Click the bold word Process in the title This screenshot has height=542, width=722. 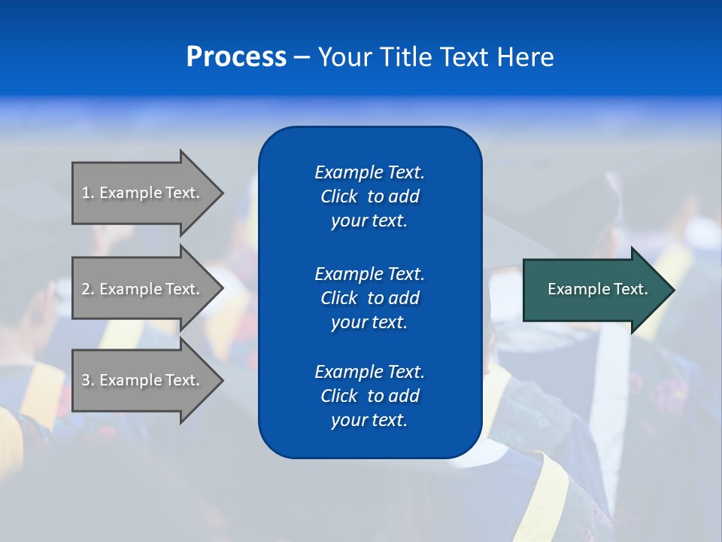pos(236,57)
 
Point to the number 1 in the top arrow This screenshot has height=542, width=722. pos(86,193)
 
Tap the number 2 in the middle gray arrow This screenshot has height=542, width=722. pos(86,289)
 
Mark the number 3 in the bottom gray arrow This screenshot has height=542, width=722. pos(86,380)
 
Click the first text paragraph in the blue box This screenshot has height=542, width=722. pos(369,196)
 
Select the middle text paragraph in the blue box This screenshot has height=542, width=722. pos(369,298)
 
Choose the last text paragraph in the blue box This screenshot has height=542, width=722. pos(369,396)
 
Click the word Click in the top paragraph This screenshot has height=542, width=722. pos(339,196)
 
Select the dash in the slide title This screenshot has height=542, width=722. pos(302,57)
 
